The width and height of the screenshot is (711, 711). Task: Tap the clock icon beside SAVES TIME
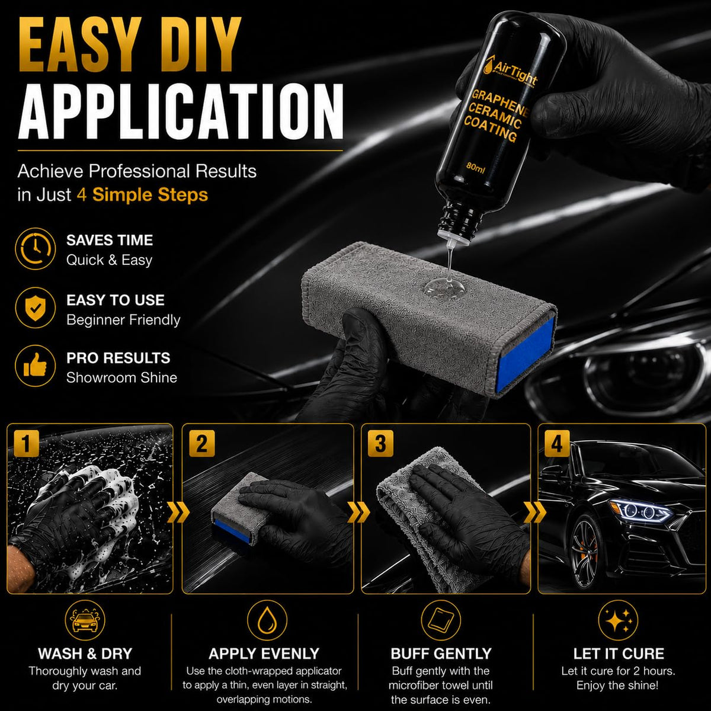[36, 248]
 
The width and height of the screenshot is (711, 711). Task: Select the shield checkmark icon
[36, 308]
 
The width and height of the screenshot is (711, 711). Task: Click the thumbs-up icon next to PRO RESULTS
[36, 366]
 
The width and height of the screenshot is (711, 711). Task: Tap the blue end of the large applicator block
[525, 354]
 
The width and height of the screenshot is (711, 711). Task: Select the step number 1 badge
[26, 443]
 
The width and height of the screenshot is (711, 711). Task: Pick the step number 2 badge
[201, 443]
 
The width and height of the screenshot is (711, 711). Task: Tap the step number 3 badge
[380, 443]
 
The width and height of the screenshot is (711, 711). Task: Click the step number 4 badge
[557, 443]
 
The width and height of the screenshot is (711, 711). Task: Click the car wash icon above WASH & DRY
[85, 620]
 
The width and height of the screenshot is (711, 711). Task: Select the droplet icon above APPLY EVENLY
[267, 620]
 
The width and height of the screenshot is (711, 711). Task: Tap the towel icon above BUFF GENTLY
[441, 620]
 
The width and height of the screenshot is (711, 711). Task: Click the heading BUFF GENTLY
[441, 654]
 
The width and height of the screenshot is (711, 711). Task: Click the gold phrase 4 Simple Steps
[142, 195]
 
